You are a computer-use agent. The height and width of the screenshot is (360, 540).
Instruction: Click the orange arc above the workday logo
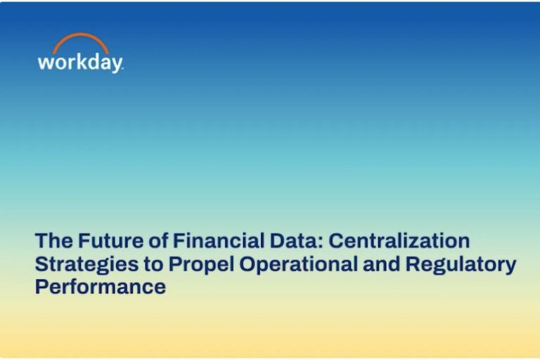(x=80, y=39)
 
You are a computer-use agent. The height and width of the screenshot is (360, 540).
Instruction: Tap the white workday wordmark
(x=80, y=62)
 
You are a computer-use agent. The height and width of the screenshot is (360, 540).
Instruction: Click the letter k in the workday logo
(x=79, y=61)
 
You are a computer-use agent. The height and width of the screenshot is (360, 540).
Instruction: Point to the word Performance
(x=100, y=288)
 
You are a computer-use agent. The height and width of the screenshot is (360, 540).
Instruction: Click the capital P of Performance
(x=41, y=288)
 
